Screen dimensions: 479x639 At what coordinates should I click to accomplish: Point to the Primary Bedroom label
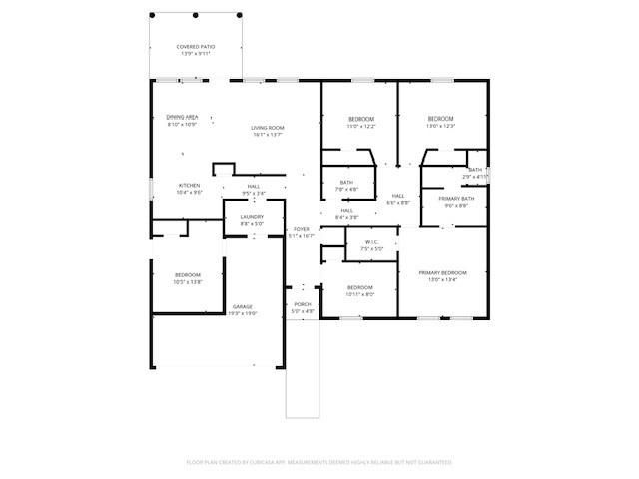click(x=442, y=276)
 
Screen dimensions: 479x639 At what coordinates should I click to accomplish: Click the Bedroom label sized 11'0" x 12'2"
click(x=360, y=122)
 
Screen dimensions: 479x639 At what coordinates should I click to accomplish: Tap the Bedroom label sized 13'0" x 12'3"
click(x=440, y=122)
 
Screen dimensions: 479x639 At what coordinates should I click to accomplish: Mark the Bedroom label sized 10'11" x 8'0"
click(x=360, y=290)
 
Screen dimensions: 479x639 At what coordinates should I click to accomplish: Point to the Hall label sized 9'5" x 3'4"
click(x=254, y=190)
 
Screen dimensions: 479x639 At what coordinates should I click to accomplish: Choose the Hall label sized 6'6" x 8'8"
click(x=397, y=199)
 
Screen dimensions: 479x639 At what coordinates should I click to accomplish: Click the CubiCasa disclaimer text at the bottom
click(x=319, y=462)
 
